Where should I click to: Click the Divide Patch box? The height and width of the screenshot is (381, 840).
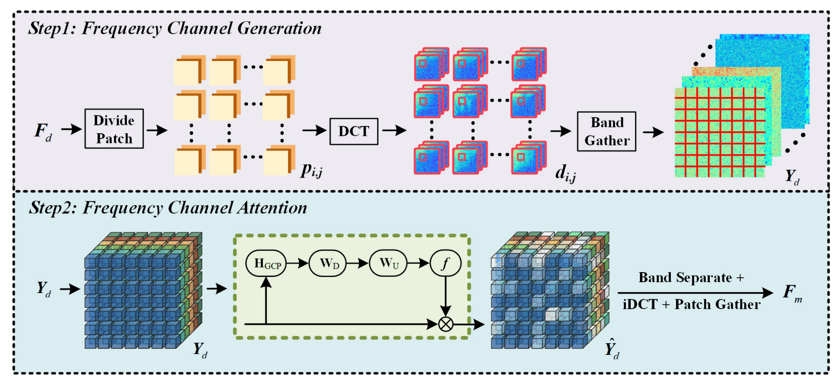pyautogui.click(x=114, y=129)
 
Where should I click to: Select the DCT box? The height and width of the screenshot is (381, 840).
pyautogui.click(x=354, y=131)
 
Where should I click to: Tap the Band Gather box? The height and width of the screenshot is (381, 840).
pyautogui.click(x=606, y=131)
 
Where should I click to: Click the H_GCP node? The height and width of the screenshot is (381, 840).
pyautogui.click(x=266, y=263)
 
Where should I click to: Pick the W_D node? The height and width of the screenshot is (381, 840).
pyautogui.click(x=328, y=263)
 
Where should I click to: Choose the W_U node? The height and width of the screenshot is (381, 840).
pyautogui.click(x=388, y=263)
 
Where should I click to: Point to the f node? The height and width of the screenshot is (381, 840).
pyautogui.click(x=445, y=263)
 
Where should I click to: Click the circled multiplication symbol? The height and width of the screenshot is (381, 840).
pyautogui.click(x=445, y=324)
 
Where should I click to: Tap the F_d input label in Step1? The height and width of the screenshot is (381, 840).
pyautogui.click(x=43, y=131)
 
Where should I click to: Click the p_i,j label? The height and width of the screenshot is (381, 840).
pyautogui.click(x=311, y=170)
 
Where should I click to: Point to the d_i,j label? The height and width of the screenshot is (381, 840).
pyautogui.click(x=565, y=173)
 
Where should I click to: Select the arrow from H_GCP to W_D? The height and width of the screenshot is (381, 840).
pyautogui.click(x=297, y=263)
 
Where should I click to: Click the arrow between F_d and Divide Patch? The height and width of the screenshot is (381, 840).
pyautogui.click(x=71, y=129)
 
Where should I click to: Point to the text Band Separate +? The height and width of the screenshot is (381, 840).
pyautogui.click(x=691, y=277)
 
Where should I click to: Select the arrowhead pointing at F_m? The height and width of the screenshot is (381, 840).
pyautogui.click(x=768, y=293)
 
